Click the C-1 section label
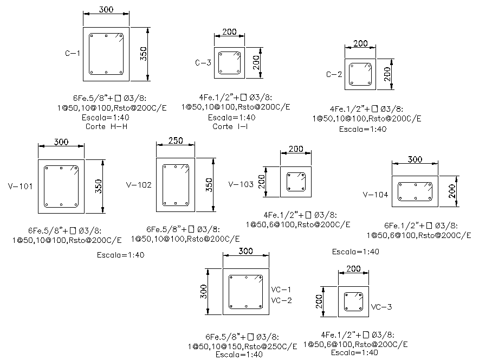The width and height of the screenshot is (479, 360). [x=73, y=53]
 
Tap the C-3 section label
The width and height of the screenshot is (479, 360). [x=203, y=63]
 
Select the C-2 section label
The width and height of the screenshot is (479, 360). [x=334, y=74]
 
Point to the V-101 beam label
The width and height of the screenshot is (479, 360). [x=20, y=186]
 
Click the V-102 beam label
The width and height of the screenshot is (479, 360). [x=139, y=185]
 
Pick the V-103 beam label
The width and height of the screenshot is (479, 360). [x=241, y=184]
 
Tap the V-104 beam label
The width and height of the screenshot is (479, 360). [x=376, y=195]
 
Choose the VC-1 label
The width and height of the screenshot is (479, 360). [x=281, y=290]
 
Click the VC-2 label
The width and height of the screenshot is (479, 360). [x=281, y=300]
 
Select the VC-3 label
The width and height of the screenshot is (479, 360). [x=381, y=307]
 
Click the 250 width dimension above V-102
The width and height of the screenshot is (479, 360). [x=176, y=140]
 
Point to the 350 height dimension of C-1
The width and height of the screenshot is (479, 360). [x=143, y=54]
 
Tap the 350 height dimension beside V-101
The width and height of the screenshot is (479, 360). [x=99, y=186]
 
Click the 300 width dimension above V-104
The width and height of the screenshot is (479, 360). [x=415, y=159]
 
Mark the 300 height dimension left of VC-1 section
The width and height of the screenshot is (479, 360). [x=203, y=292]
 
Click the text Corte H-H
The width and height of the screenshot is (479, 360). [x=106, y=126]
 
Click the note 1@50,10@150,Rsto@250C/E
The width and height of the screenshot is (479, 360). [x=242, y=346]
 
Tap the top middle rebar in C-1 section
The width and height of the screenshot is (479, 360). [x=106, y=36]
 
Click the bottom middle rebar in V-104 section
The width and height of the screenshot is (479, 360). [x=416, y=198]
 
